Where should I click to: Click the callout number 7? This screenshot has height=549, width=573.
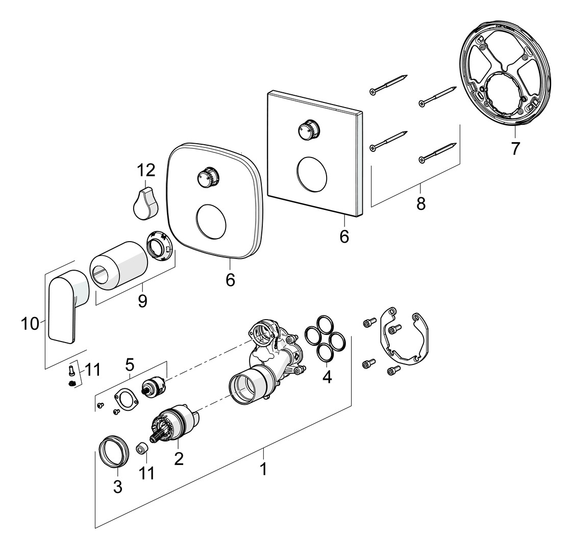coord(515,149)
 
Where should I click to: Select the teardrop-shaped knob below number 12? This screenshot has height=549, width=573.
coord(146,203)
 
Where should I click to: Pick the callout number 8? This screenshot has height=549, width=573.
coord(420,203)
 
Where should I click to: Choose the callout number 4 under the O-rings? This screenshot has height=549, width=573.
coord(327,377)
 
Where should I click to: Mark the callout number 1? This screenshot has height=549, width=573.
coord(263,469)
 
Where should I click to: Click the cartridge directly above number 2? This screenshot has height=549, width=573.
coord(176,423)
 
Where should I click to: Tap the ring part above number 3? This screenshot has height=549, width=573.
coord(111,451)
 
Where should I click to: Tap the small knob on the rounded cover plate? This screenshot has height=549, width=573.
coord(207,177)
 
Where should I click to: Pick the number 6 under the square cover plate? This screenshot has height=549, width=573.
coord(344,237)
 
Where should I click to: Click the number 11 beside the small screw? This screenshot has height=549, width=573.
coord(92,370)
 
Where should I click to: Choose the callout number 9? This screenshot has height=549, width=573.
coord(142,301)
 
